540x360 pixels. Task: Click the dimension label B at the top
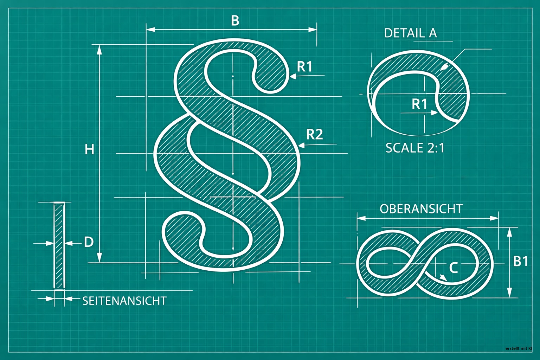[235, 20]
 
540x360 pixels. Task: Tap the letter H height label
[89, 149]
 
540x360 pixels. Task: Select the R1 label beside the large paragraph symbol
[305, 66]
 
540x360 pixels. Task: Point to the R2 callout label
[315, 134]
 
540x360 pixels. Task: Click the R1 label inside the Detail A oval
[419, 104]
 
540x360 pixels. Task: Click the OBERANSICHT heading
[422, 209]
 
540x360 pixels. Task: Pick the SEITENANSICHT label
[124, 301]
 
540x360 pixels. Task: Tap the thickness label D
[89, 242]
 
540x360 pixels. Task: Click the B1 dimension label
[520, 261]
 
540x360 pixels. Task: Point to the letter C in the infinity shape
[454, 268]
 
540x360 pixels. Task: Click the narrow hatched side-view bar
[59, 246]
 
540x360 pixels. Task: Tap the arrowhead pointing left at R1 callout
[292, 76]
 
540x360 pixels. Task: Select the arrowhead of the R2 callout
[302, 146]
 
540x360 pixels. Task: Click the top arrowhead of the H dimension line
[99, 50]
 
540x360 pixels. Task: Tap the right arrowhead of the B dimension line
[313, 30]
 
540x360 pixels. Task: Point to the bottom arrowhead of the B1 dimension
[509, 292]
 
